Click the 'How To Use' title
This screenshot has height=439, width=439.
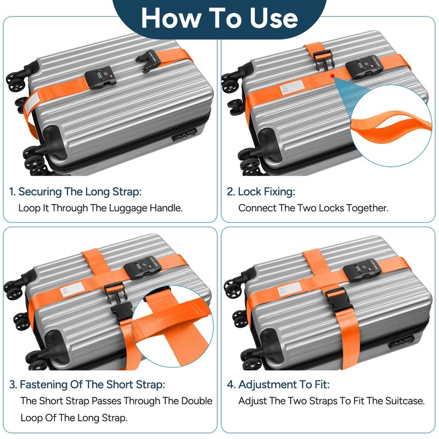point(219,18)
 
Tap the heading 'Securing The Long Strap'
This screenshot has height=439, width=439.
point(75,192)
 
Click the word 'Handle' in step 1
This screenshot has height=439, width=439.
point(163,209)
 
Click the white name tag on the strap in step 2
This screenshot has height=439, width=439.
point(290,88)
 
